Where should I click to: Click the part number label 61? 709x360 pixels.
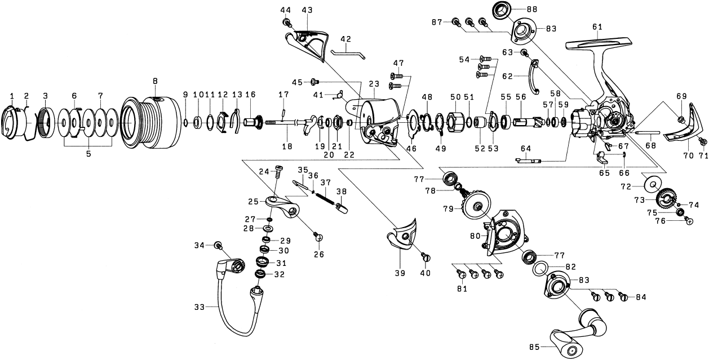pyautogui.click(x=597, y=26)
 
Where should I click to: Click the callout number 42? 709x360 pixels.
pyautogui.click(x=345, y=39)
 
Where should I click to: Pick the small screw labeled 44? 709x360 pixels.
pyautogui.click(x=286, y=22)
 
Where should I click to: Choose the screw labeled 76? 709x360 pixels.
pyautogui.click(x=688, y=221)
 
